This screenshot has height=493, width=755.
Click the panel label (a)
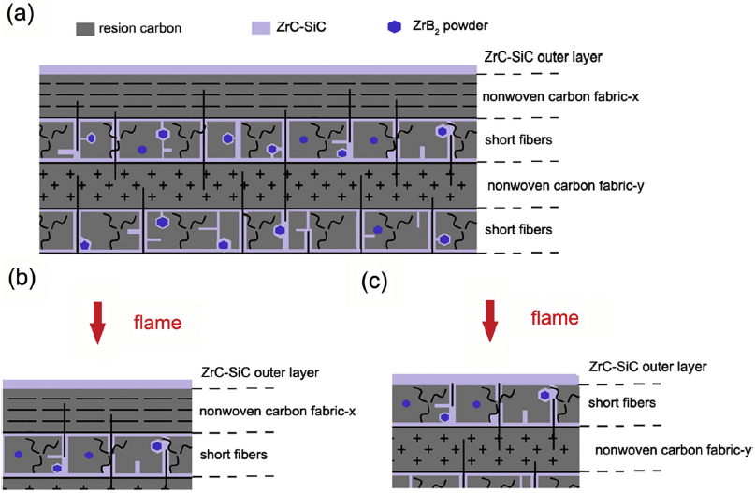tap(21, 14)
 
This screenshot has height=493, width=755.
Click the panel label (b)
tap(21, 278)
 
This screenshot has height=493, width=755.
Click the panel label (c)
tap(378, 278)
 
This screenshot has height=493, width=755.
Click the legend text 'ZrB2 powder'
tap(445, 28)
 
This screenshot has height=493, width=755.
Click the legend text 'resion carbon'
tap(143, 28)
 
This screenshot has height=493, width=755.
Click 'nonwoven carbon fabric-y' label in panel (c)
tap(674, 450)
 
